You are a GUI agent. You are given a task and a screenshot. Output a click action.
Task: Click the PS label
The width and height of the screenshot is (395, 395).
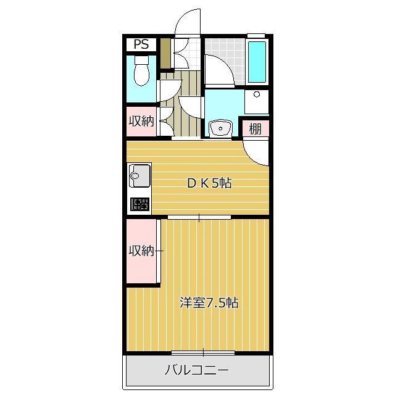click(x=141, y=44)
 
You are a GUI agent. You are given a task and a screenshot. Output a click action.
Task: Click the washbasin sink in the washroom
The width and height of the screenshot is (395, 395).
click(x=218, y=128)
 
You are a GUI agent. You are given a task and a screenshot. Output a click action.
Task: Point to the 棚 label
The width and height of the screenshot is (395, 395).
click(x=255, y=129)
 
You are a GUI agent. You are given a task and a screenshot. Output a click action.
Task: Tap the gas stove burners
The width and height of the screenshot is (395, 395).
click(x=139, y=204)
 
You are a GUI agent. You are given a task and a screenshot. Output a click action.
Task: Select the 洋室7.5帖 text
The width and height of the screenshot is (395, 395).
click(x=209, y=303)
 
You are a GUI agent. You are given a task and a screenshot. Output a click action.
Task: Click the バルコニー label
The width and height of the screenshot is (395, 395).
click(x=197, y=370)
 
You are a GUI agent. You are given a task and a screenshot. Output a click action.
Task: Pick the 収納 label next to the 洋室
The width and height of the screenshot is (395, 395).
click(x=141, y=251)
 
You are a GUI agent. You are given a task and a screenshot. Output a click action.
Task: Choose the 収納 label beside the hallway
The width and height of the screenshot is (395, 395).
click(x=141, y=122)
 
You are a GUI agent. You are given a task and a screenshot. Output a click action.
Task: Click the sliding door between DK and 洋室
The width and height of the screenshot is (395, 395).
click(x=199, y=217)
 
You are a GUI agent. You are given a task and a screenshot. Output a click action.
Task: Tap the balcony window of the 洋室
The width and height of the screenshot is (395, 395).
click(x=194, y=353)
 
